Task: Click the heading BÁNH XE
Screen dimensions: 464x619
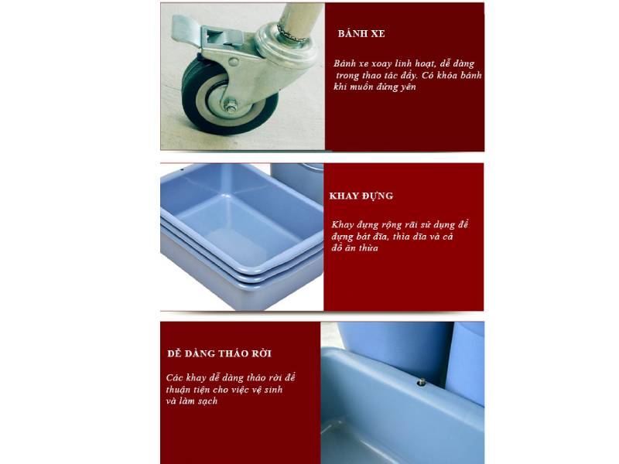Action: click(x=361, y=35)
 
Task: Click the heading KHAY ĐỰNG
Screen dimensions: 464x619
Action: click(x=361, y=196)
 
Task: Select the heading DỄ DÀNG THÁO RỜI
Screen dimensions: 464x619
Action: click(x=219, y=353)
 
